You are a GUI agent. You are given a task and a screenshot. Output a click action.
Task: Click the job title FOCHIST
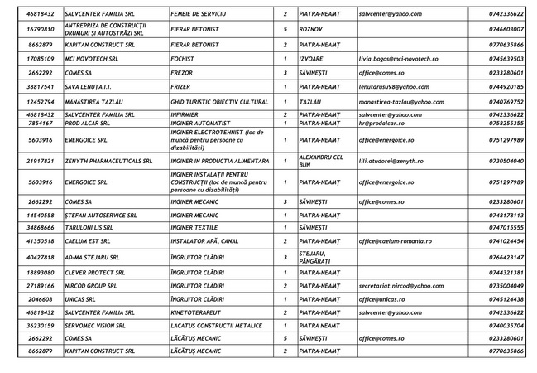(x=186, y=59)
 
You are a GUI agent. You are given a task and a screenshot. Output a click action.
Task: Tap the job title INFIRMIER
(x=188, y=114)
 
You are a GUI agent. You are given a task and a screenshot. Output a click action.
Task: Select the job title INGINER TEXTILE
(x=196, y=226)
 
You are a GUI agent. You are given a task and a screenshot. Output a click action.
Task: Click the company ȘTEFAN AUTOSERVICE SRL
(x=100, y=215)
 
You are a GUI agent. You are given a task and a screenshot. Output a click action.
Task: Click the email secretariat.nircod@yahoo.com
(x=401, y=285)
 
